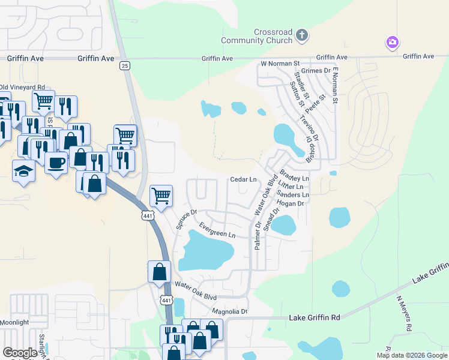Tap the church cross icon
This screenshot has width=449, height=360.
pyautogui.click(x=302, y=35)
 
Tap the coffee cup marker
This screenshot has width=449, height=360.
pyautogui.click(x=56, y=162)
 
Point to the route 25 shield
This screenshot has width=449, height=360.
pyautogui.click(x=124, y=65)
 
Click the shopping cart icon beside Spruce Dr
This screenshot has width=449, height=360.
pyautogui.click(x=161, y=195)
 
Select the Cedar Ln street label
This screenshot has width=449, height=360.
pyautogui.click(x=243, y=179)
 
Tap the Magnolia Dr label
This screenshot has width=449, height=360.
pyautogui.click(x=230, y=311)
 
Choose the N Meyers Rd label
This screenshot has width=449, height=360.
pyautogui.click(x=403, y=313)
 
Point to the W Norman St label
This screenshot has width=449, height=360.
pyautogui.click(x=280, y=63)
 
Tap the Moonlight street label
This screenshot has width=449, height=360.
pyautogui.click(x=14, y=322)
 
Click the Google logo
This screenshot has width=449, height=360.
pyautogui.click(x=20, y=353)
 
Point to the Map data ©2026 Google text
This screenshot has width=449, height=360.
pyautogui.click(x=411, y=355)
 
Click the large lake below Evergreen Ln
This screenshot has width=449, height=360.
pyautogui.click(x=206, y=251)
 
